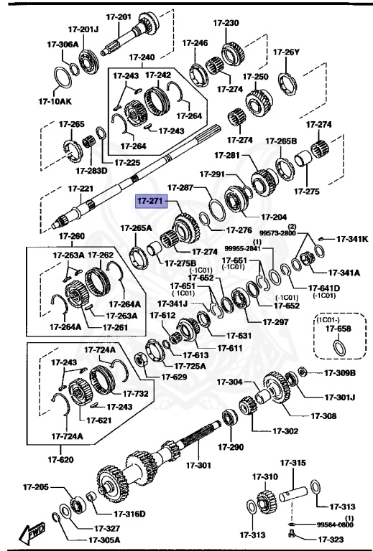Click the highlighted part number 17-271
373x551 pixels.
tap(152, 203)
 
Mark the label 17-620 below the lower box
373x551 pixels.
tap(60, 459)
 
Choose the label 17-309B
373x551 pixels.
tap(339, 372)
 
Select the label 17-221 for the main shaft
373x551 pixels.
tap(81, 189)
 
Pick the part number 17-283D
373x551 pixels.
tap(91, 170)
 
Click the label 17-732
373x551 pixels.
tap(135, 393)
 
